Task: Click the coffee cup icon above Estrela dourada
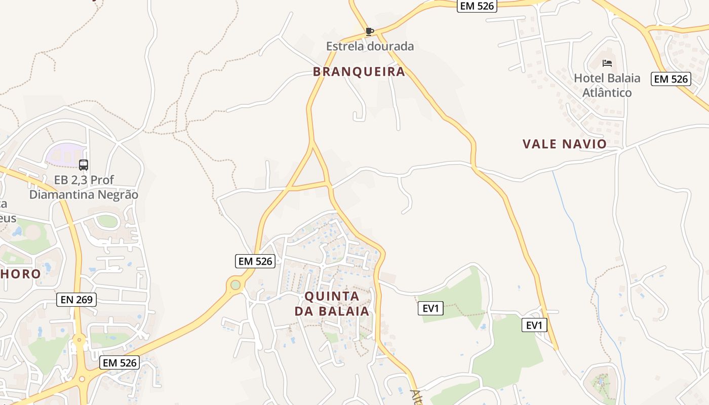point(370,32)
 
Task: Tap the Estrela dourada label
point(370,47)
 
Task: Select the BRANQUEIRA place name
point(359,72)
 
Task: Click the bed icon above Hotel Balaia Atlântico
point(607,63)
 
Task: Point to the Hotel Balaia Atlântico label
point(607,85)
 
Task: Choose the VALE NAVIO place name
point(564,144)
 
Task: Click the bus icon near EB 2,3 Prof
point(84,165)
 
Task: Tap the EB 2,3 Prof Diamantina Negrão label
point(84,187)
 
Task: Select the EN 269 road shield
point(76,300)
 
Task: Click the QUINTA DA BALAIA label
point(332,303)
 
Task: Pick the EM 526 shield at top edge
point(477,6)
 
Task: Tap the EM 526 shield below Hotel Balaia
point(671,79)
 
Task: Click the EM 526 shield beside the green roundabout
point(255,261)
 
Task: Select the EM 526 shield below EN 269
point(120,362)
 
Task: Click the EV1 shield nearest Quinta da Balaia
point(430,308)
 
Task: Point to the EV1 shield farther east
point(534,325)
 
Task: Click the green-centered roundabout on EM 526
point(235,285)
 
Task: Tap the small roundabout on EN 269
point(78,340)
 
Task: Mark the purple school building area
point(64,153)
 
